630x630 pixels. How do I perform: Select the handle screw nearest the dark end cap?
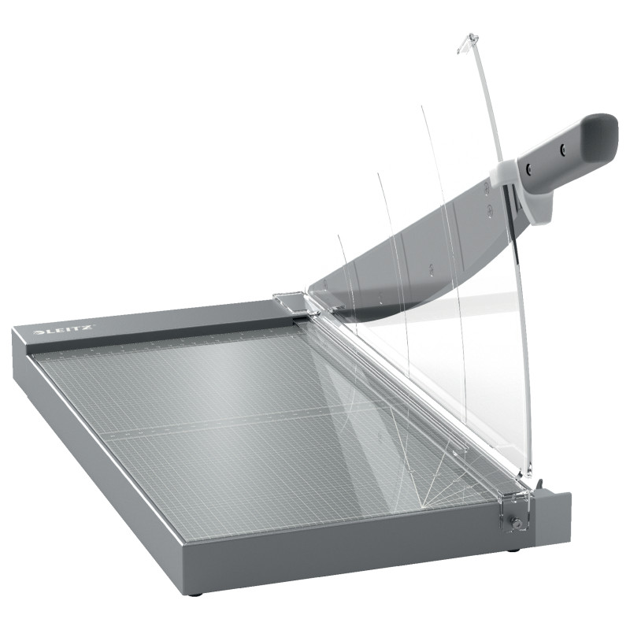[x=563, y=149]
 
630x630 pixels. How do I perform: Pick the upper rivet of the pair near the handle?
[x=487, y=187]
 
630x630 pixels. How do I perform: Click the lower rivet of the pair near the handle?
[x=490, y=210]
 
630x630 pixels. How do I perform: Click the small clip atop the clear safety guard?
[x=467, y=43]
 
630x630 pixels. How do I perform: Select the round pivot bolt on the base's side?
[x=517, y=523]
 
